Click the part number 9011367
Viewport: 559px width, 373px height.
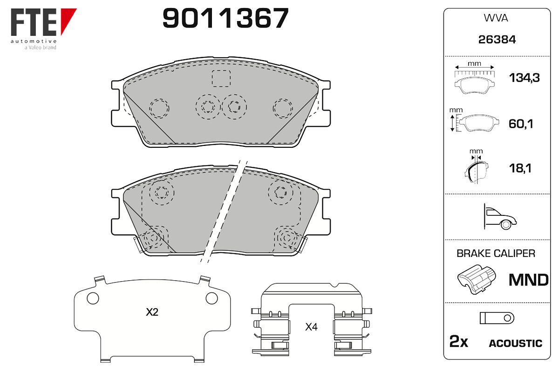click(x=225, y=18)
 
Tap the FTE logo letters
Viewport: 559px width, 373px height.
click(x=34, y=22)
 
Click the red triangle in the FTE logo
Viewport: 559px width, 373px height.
click(x=68, y=21)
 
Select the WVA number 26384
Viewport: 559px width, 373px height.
click(x=497, y=40)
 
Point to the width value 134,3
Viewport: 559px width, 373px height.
click(x=525, y=78)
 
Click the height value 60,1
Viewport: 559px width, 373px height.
click(x=521, y=124)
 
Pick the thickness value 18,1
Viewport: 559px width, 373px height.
click(x=520, y=168)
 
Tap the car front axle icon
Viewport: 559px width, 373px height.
click(x=500, y=217)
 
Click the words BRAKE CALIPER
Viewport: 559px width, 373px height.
click(x=496, y=254)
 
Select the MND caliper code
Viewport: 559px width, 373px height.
click(x=529, y=280)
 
